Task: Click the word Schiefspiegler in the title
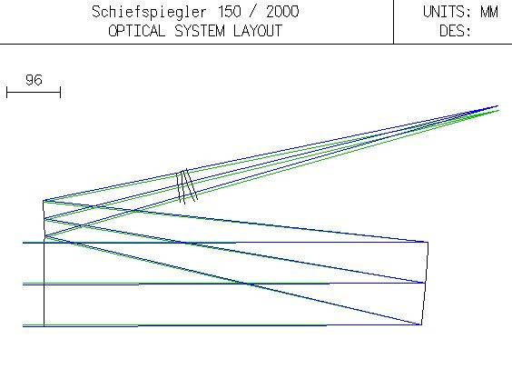point(149,13)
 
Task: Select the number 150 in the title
point(230,12)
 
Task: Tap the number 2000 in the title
point(282,12)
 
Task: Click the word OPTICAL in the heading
point(136,31)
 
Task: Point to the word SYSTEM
point(200,31)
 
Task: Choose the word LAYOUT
point(258,31)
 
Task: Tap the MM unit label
point(489,12)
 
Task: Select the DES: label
point(455,31)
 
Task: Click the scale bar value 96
point(34,80)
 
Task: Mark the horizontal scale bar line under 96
point(34,92)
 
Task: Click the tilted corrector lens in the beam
point(187,186)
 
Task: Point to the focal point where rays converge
point(497,106)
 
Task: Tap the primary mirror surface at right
point(425,284)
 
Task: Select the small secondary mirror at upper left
point(44,219)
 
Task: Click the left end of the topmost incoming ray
point(23,243)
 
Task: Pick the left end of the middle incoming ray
point(23,284)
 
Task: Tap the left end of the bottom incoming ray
point(23,325)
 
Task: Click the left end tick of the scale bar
point(7,92)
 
